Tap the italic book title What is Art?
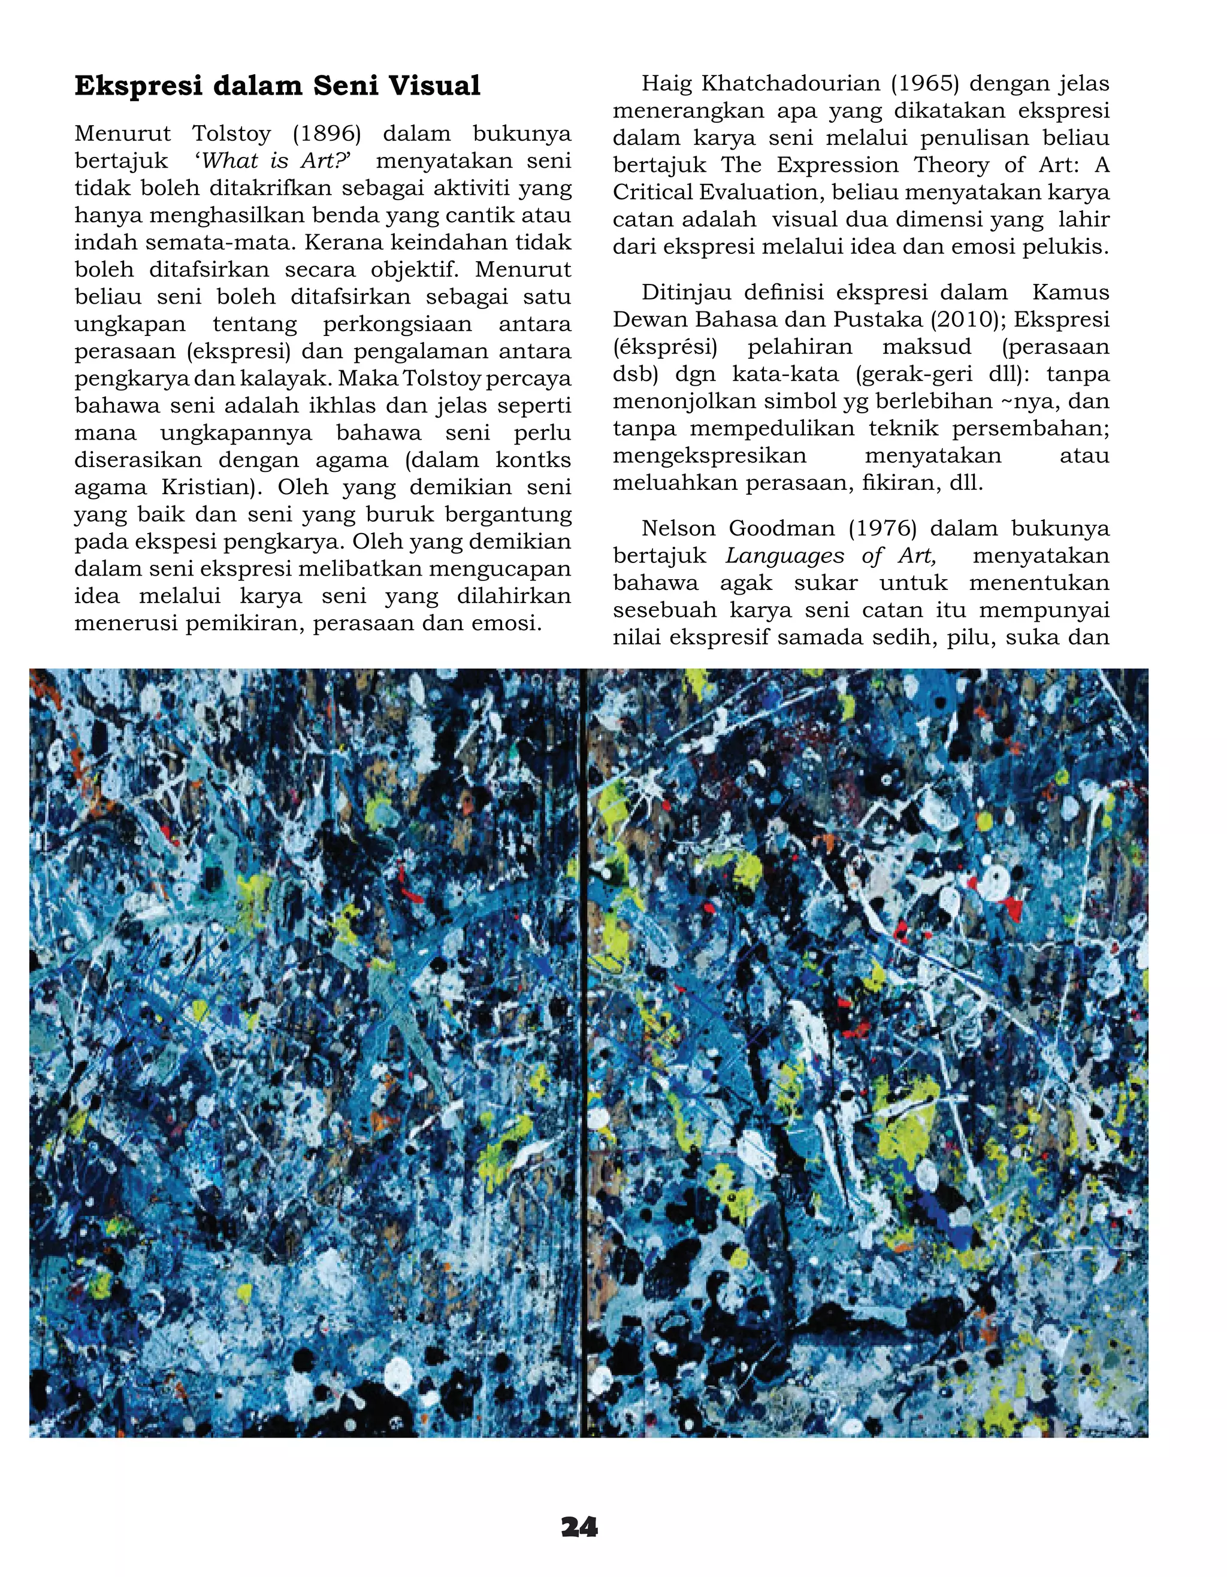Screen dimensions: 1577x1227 [x=273, y=161]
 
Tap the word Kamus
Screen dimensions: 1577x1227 [x=1070, y=292]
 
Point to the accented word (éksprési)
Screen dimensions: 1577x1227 [x=665, y=347]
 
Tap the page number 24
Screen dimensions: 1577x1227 [x=579, y=1527]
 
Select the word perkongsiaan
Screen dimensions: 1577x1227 [x=397, y=324]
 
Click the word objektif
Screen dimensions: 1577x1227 [x=414, y=270]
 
